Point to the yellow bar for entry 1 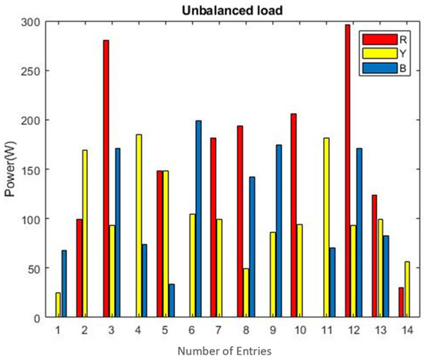58,305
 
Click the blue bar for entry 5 171,301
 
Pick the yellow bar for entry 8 245,293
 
